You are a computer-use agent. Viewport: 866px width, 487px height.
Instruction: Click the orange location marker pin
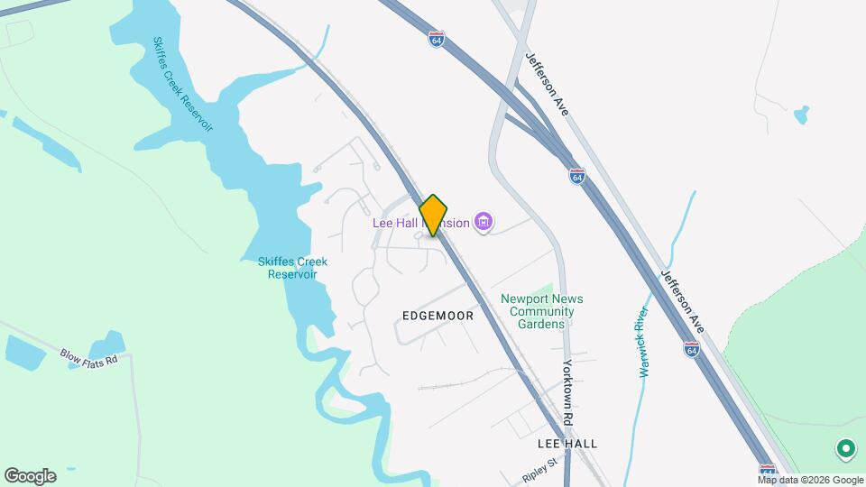[x=434, y=215]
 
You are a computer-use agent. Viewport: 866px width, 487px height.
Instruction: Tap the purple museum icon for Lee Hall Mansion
[x=484, y=222]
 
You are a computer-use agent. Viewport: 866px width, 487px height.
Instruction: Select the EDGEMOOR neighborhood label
[x=438, y=316]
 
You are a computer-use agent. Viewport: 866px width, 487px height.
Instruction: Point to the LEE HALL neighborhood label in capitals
[x=567, y=444]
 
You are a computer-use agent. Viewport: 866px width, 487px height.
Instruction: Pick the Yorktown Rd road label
[x=568, y=393]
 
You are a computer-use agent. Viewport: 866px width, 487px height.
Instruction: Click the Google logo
[x=29, y=475]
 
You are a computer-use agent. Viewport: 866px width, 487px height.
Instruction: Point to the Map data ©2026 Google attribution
[x=810, y=480]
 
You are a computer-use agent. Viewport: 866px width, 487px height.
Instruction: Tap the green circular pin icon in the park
[x=845, y=448]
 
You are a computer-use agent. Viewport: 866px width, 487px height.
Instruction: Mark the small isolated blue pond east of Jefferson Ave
[x=800, y=115]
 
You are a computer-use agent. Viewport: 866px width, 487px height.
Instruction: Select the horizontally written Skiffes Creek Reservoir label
[x=292, y=268]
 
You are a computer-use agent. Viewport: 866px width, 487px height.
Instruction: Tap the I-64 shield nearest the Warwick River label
[x=691, y=348]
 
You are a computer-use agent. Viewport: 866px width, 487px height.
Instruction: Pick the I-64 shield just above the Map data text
[x=767, y=470]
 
